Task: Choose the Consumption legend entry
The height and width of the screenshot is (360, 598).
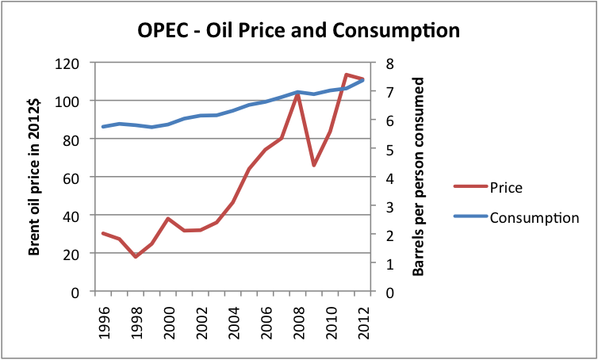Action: point(534,217)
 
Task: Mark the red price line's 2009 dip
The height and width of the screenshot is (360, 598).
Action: point(314,165)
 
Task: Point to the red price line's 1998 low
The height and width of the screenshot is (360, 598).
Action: point(136,257)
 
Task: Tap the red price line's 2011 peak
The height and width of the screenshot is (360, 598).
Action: point(347,75)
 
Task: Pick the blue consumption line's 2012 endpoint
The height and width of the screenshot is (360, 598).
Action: point(362,80)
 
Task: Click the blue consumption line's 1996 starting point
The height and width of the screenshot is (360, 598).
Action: point(103,127)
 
